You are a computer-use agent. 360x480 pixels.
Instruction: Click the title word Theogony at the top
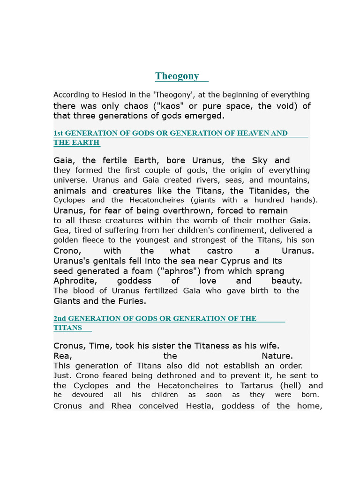click(x=177, y=76)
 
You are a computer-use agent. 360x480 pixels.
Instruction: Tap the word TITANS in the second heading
click(x=67, y=328)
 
